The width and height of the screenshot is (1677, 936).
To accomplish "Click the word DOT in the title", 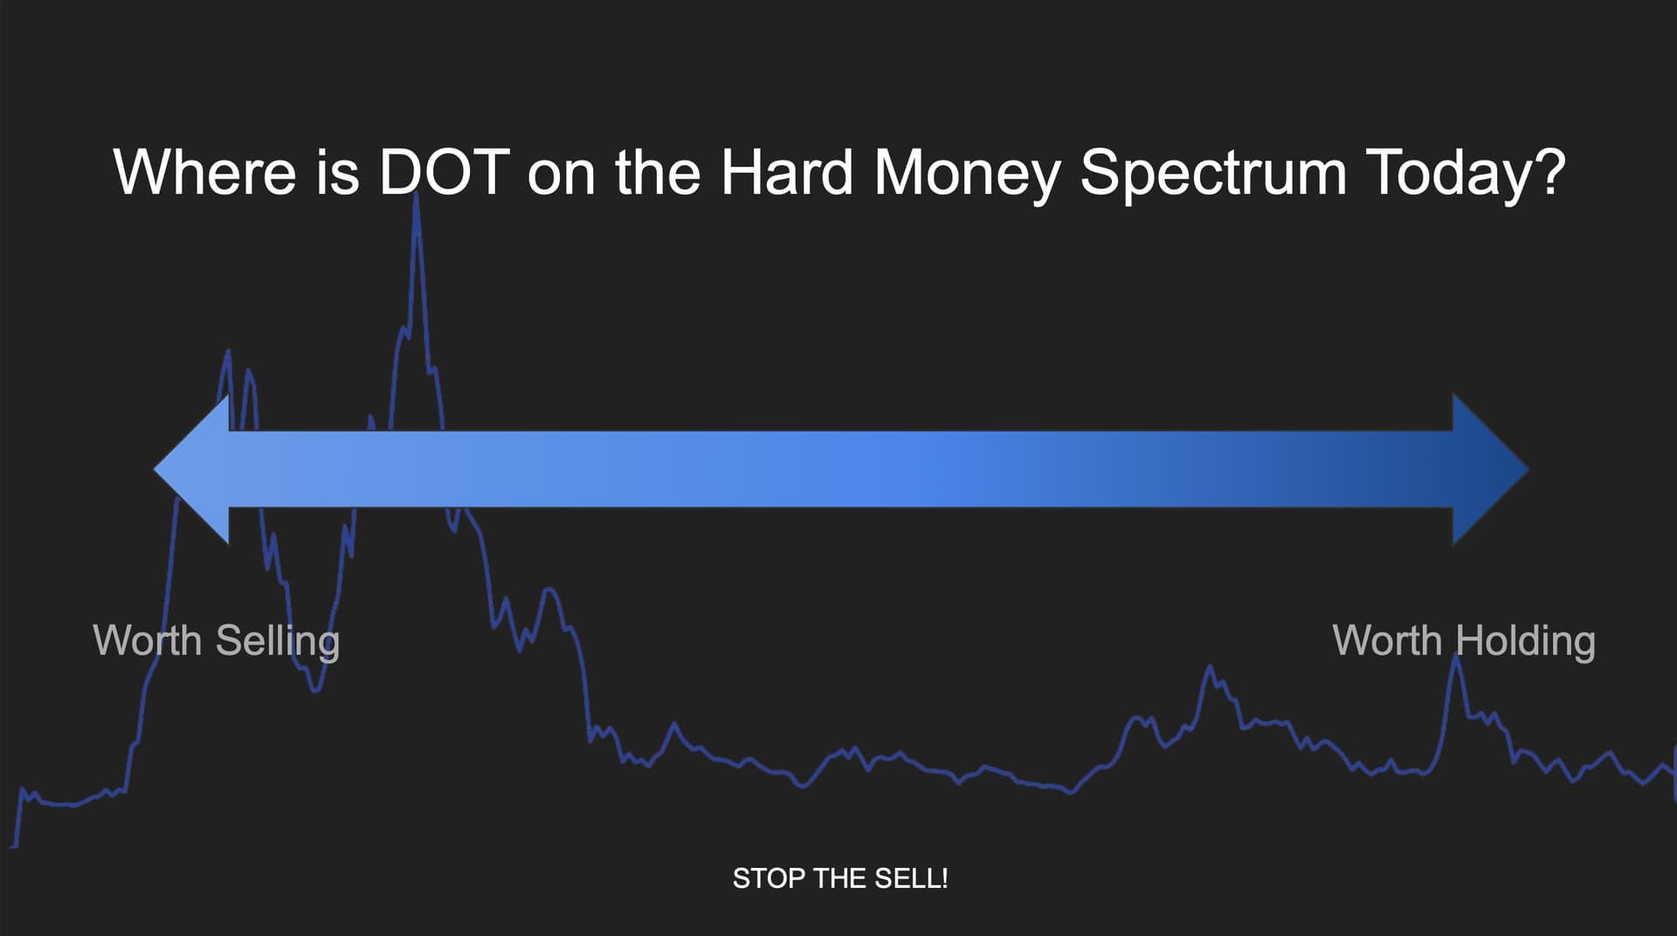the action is coord(444,172).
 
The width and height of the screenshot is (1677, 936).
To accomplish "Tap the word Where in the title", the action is coord(205,172).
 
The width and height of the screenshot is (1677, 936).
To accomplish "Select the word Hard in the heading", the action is coord(786,172).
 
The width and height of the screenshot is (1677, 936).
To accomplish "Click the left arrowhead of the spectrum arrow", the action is coord(192,469).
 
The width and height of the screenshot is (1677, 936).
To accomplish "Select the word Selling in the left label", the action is coord(278,642).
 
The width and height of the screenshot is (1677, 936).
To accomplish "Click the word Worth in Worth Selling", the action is coord(148,640).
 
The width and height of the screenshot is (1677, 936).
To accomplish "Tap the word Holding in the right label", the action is coord(1526,642).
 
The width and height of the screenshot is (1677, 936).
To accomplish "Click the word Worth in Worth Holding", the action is coord(1387,640).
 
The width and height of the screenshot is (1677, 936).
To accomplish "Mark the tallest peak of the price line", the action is coord(416,194).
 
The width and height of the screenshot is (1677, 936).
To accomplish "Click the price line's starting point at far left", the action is coord(13,845).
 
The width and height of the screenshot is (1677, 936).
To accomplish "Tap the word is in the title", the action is coord(339,172).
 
